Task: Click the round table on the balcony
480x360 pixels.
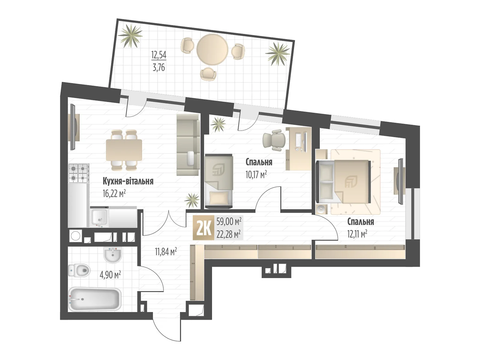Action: [x=212, y=49]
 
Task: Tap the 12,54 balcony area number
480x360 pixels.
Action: [x=159, y=55]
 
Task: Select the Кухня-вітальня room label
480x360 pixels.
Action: [x=128, y=181]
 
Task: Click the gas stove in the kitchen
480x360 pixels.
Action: [x=79, y=173]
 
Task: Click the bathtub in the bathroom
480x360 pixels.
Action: [x=95, y=299]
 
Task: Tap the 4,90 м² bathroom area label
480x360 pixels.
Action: [x=110, y=275]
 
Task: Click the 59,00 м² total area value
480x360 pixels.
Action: [x=229, y=222]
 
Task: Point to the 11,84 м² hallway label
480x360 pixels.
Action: [x=166, y=252]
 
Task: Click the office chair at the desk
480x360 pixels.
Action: [x=274, y=140]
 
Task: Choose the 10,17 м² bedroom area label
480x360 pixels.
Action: [x=256, y=175]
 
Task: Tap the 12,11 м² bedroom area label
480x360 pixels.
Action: [x=357, y=234]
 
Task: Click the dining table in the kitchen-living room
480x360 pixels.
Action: [x=124, y=150]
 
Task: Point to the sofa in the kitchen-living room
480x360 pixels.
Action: [x=188, y=145]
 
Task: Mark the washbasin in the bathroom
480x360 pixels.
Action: [x=112, y=255]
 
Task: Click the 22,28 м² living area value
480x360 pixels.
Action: [x=229, y=235]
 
